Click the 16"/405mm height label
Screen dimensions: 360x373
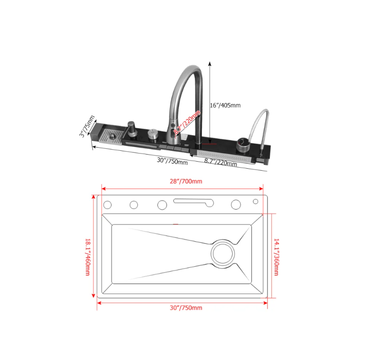click(225, 105)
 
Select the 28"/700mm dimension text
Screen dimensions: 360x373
click(181, 181)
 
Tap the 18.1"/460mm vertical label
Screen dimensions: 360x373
click(88, 257)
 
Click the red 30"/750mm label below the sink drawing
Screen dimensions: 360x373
click(186, 308)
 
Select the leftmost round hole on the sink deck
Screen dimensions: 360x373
click(107, 205)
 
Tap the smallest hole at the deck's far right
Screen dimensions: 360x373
click(256, 202)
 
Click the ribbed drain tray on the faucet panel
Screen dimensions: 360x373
click(113, 137)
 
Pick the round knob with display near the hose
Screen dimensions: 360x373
click(243, 143)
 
